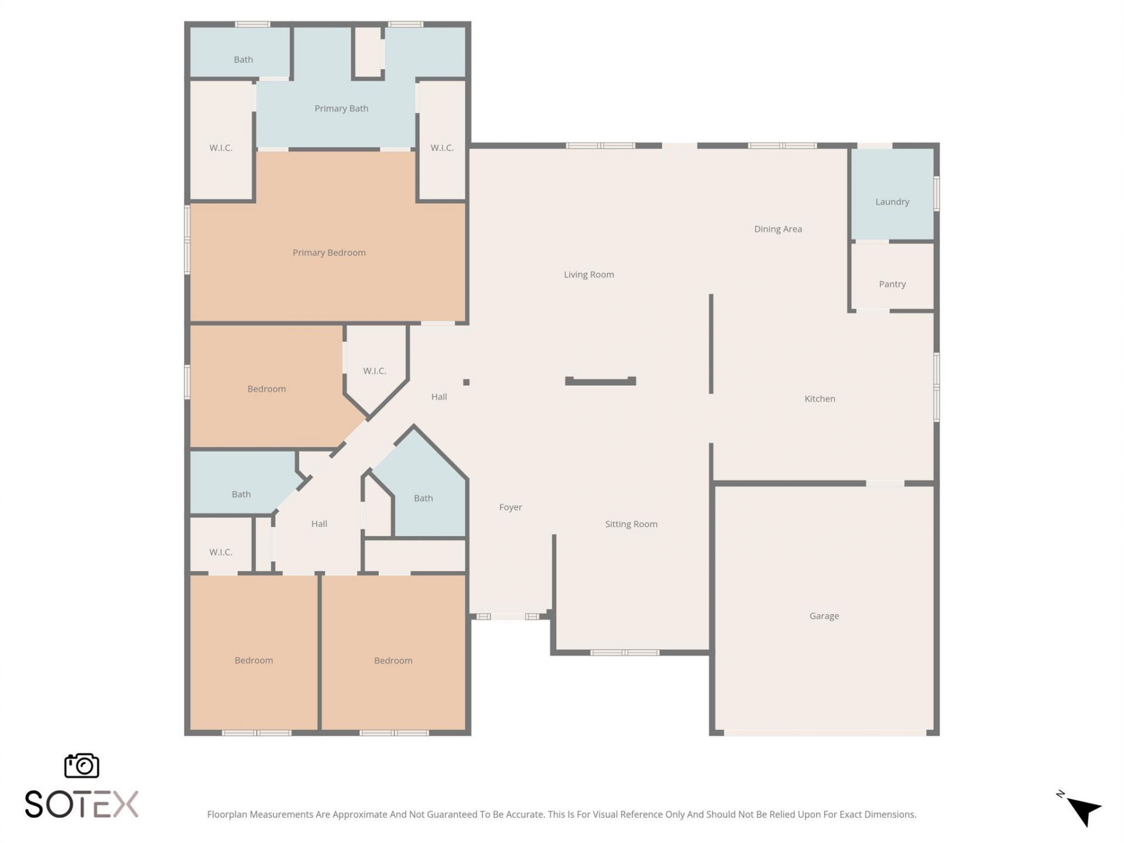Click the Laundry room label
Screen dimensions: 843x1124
pyautogui.click(x=892, y=202)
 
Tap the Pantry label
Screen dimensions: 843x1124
pyautogui.click(x=892, y=284)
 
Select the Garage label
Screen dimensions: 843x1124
pyautogui.click(x=824, y=616)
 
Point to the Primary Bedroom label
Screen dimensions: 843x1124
pyautogui.click(x=329, y=252)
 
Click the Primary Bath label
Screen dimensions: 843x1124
pyautogui.click(x=341, y=108)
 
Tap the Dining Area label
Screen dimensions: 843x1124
pyautogui.click(x=777, y=229)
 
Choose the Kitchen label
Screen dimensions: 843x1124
pyautogui.click(x=820, y=399)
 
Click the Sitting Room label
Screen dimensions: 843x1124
pyautogui.click(x=631, y=524)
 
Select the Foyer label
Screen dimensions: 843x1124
pyautogui.click(x=510, y=507)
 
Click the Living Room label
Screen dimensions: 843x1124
pyautogui.click(x=588, y=275)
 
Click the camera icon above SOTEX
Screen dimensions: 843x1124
pyautogui.click(x=81, y=766)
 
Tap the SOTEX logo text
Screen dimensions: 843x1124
pyautogui.click(x=81, y=804)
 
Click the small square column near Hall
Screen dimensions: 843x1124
pyautogui.click(x=466, y=382)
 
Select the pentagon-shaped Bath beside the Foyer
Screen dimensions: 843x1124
pyautogui.click(x=423, y=498)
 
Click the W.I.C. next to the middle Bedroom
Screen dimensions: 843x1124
pyautogui.click(x=375, y=371)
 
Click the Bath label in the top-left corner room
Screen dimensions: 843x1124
pyautogui.click(x=243, y=59)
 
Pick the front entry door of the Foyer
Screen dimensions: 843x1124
pyautogui.click(x=508, y=616)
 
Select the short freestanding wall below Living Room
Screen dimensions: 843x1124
pyautogui.click(x=600, y=382)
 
